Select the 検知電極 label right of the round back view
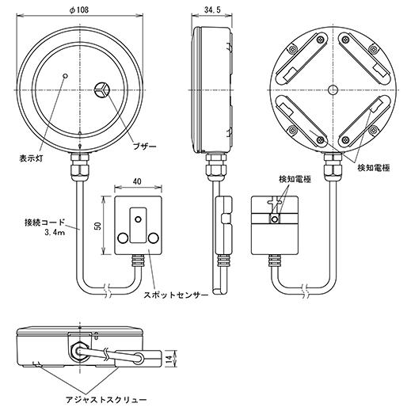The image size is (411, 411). (x=373, y=168)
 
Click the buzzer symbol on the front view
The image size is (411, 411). (x=101, y=90)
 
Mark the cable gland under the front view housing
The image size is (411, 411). (x=81, y=166)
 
